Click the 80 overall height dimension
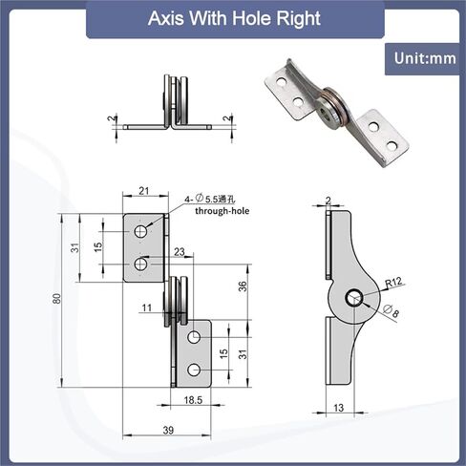coord(57,298)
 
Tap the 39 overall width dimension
coord(168,431)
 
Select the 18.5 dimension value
coord(193,400)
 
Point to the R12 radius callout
coord(393,283)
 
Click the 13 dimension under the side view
coord(339,408)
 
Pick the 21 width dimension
coord(144,191)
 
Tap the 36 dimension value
coord(243,286)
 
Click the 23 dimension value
coord(180,252)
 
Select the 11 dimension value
coord(147,307)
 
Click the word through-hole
coord(222,211)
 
